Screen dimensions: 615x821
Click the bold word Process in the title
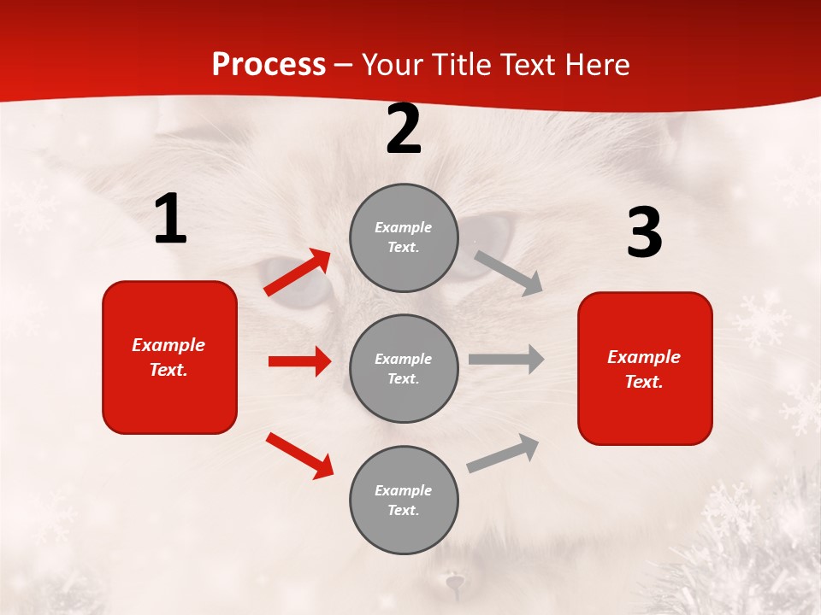point(269,65)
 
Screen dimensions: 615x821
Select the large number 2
point(404,130)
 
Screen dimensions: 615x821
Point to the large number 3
point(644,232)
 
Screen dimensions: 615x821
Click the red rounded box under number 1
point(169,357)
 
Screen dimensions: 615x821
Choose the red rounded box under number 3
point(645,368)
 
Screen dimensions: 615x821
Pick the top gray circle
point(404,237)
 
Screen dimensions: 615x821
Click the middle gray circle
point(404,368)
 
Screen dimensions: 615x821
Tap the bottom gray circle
point(404,500)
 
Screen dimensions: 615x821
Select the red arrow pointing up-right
point(298,272)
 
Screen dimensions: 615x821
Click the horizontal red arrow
point(299,361)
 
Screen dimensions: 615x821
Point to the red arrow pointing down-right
point(300,455)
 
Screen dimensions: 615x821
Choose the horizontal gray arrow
point(506,359)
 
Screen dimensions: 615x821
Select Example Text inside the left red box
point(168,357)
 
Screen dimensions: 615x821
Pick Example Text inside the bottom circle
point(404,500)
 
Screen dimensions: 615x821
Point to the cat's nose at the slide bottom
point(454,584)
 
